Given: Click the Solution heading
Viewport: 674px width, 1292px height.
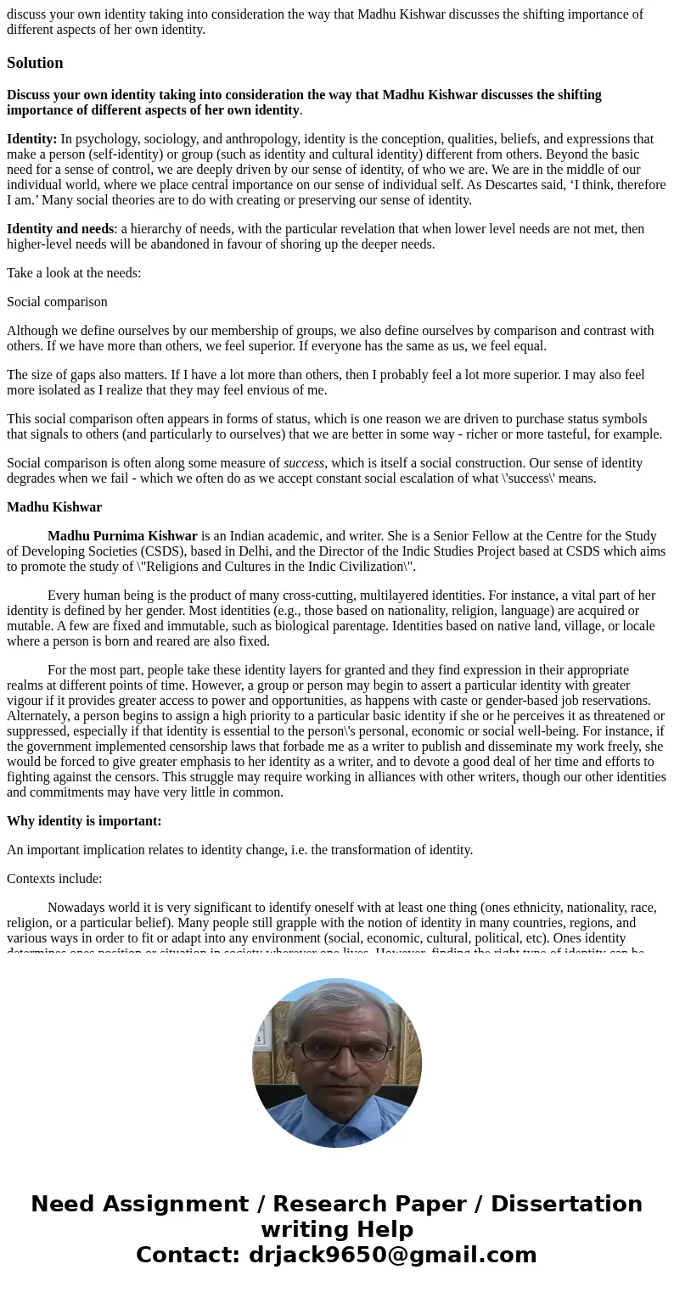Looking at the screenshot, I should tap(35, 63).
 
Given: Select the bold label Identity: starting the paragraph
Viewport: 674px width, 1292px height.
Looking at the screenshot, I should tap(31, 139).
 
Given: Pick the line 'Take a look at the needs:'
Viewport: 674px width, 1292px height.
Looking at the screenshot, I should tap(74, 273).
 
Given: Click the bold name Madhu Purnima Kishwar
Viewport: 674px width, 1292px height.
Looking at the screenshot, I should tap(122, 536).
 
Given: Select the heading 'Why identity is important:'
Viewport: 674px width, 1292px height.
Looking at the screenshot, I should tap(84, 821).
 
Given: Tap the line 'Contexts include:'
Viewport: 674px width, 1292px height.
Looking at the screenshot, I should tap(54, 879).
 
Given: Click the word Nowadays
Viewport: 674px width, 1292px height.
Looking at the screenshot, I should tap(76, 908).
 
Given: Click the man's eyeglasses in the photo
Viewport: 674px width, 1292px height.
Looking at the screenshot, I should tap(338, 1050).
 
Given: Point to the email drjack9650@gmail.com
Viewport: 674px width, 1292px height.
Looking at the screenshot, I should tap(392, 1255).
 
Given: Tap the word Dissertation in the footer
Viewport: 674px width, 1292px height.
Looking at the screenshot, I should tap(566, 1204).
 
